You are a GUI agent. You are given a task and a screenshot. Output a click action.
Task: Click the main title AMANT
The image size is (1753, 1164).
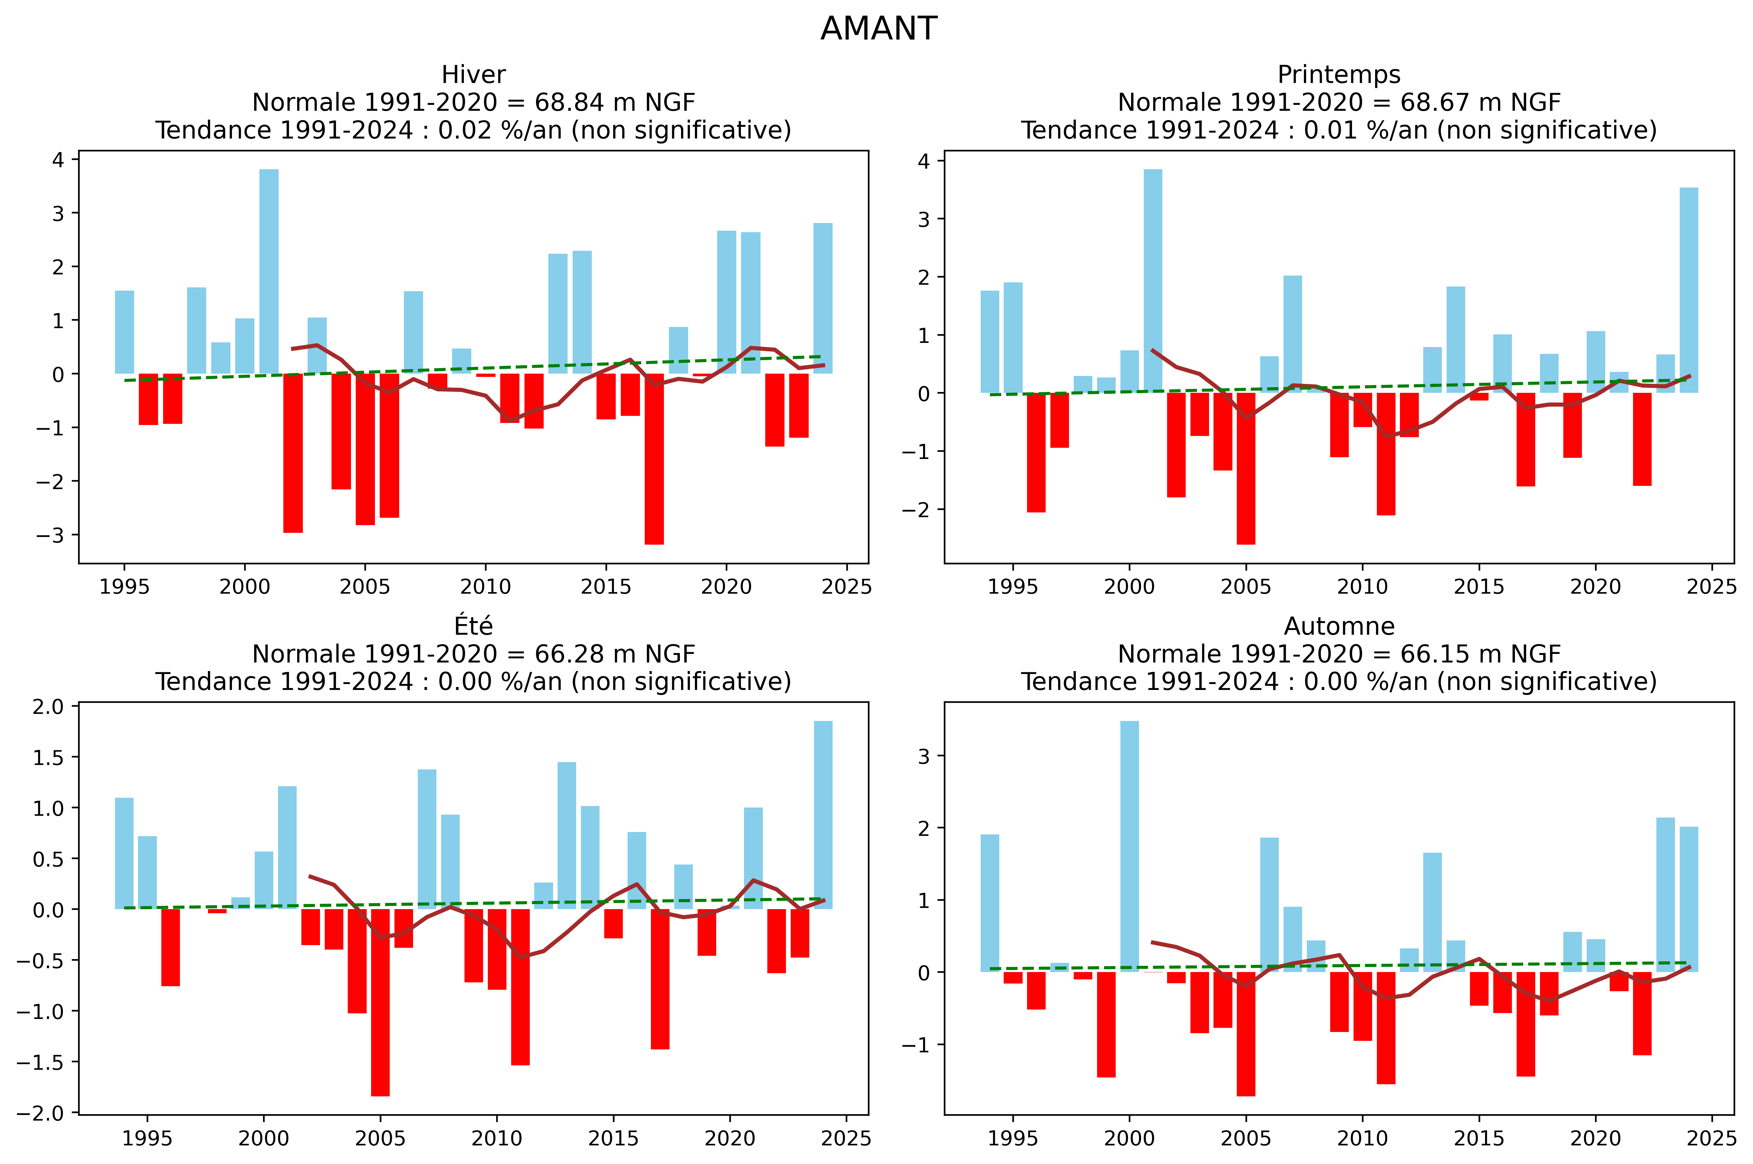tap(878, 29)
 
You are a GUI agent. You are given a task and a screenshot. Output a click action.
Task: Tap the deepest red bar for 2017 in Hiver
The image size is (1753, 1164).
tap(654, 459)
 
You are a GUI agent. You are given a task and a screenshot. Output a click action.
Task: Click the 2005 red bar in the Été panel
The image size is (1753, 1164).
tap(380, 1002)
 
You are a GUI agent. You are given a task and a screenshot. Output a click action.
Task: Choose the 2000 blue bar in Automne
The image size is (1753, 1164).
tap(1129, 846)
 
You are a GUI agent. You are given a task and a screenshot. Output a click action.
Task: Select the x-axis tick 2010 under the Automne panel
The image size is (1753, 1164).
tap(1362, 1138)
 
